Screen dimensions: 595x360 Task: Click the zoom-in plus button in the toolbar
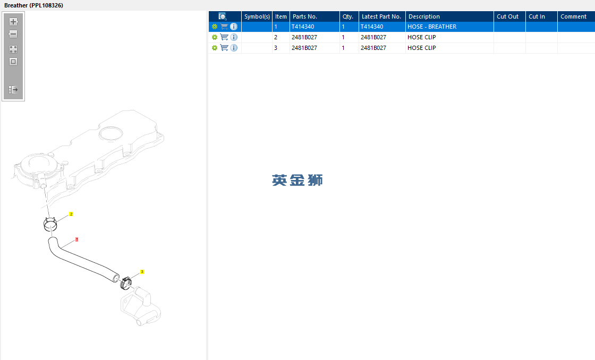13,22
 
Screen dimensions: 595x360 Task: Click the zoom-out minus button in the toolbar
13,34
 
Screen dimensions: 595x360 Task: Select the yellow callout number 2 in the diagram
71,215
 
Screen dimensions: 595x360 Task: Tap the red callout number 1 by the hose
76,239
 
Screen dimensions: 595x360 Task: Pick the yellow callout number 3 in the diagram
142,272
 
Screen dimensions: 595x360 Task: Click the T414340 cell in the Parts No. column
303,27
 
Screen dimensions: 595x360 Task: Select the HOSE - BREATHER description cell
432,27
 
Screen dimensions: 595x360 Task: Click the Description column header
424,16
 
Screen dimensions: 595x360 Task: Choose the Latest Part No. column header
381,16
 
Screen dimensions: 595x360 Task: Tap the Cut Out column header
507,16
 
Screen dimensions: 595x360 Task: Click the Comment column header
573,16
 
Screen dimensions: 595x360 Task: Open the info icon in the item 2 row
234,37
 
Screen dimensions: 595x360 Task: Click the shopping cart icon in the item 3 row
224,48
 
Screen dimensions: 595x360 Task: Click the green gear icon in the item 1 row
215,27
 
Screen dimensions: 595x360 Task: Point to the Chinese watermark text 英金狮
297,180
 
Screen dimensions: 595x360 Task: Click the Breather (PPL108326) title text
34,5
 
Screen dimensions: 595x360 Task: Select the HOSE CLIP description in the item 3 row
422,48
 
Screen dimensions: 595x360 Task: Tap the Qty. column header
348,16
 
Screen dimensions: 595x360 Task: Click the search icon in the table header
223,16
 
